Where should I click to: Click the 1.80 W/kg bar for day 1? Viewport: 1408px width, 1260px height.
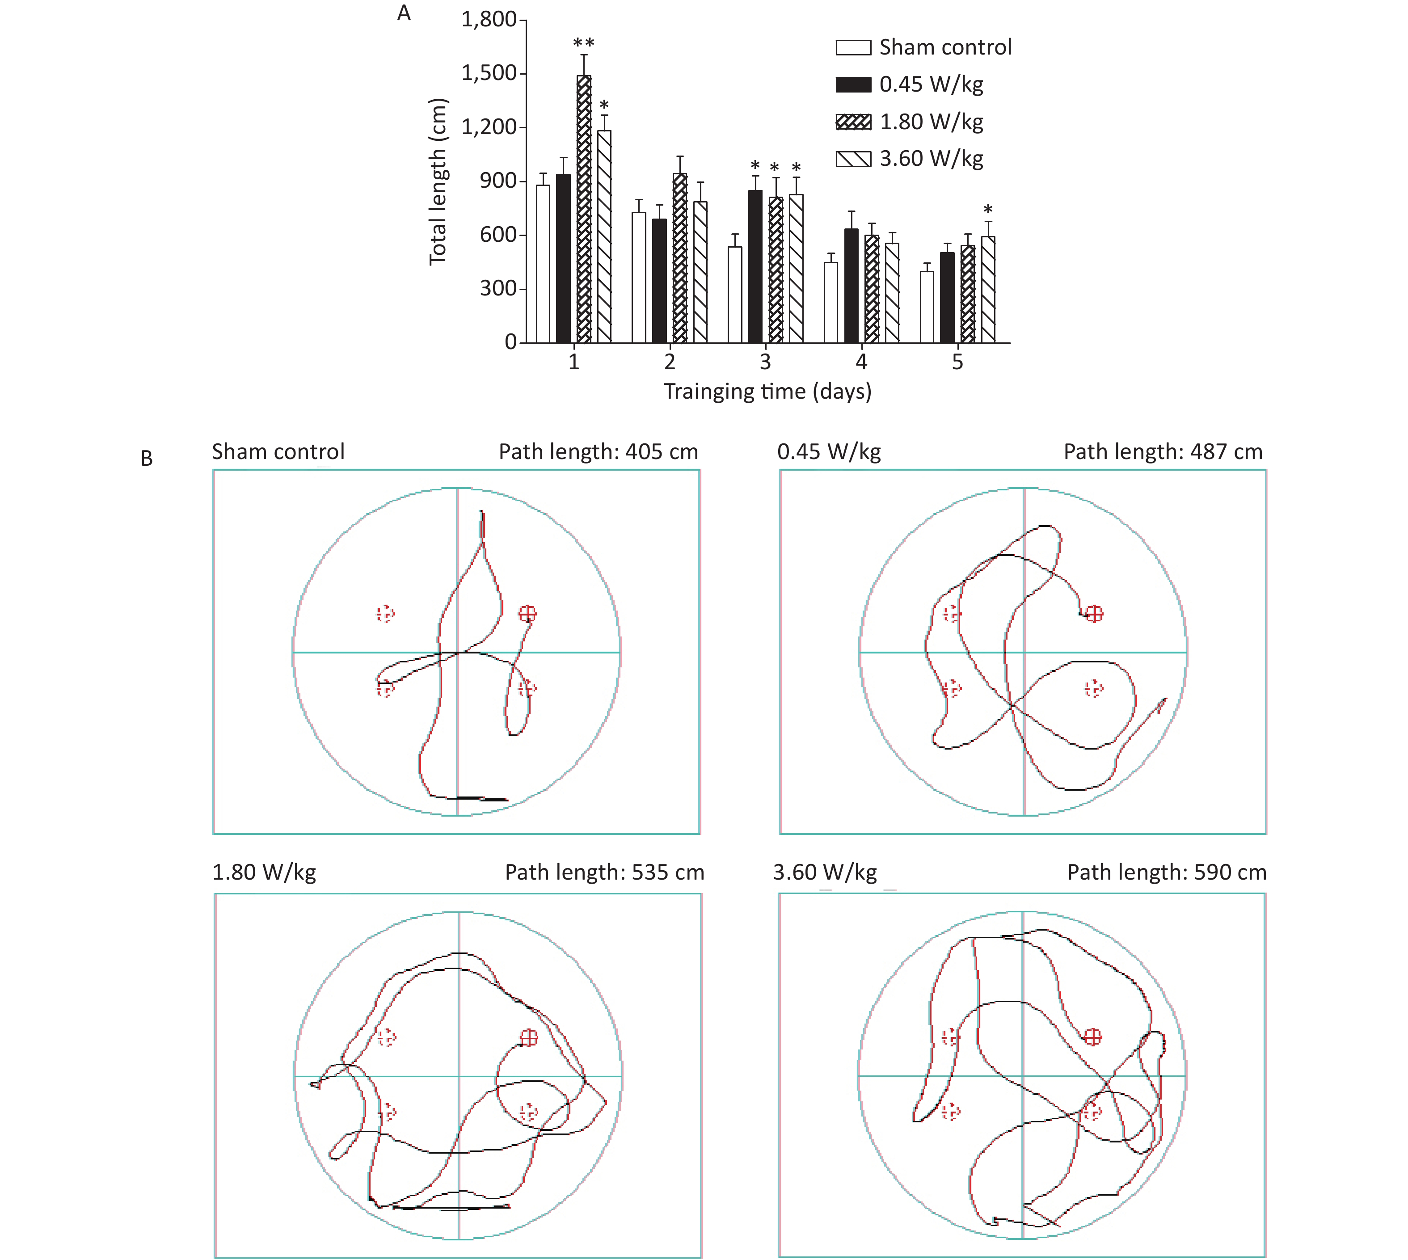pos(584,209)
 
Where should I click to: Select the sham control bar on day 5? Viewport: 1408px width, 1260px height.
pos(926,307)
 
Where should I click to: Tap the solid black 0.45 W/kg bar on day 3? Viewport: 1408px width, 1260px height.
pos(755,266)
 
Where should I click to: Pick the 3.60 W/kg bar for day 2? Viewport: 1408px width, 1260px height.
pos(700,272)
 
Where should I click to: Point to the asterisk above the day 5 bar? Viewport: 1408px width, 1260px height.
pos(988,210)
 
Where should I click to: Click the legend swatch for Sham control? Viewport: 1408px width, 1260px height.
pos(853,47)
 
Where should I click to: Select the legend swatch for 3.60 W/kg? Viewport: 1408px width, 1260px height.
pos(853,159)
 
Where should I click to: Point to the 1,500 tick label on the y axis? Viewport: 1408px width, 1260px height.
pos(489,73)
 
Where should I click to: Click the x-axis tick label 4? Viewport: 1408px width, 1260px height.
pos(861,362)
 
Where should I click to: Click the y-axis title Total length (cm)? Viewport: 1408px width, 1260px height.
pos(438,181)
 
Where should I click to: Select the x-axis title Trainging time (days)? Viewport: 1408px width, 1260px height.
pos(767,392)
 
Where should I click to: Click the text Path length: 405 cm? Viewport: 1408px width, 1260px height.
pos(598,452)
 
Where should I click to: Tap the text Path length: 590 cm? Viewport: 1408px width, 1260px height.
pos(1167,872)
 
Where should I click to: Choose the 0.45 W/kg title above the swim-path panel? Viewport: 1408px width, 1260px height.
pos(829,452)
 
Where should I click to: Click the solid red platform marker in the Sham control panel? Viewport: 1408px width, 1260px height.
pos(527,613)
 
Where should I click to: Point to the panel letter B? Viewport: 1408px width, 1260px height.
pos(147,458)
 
